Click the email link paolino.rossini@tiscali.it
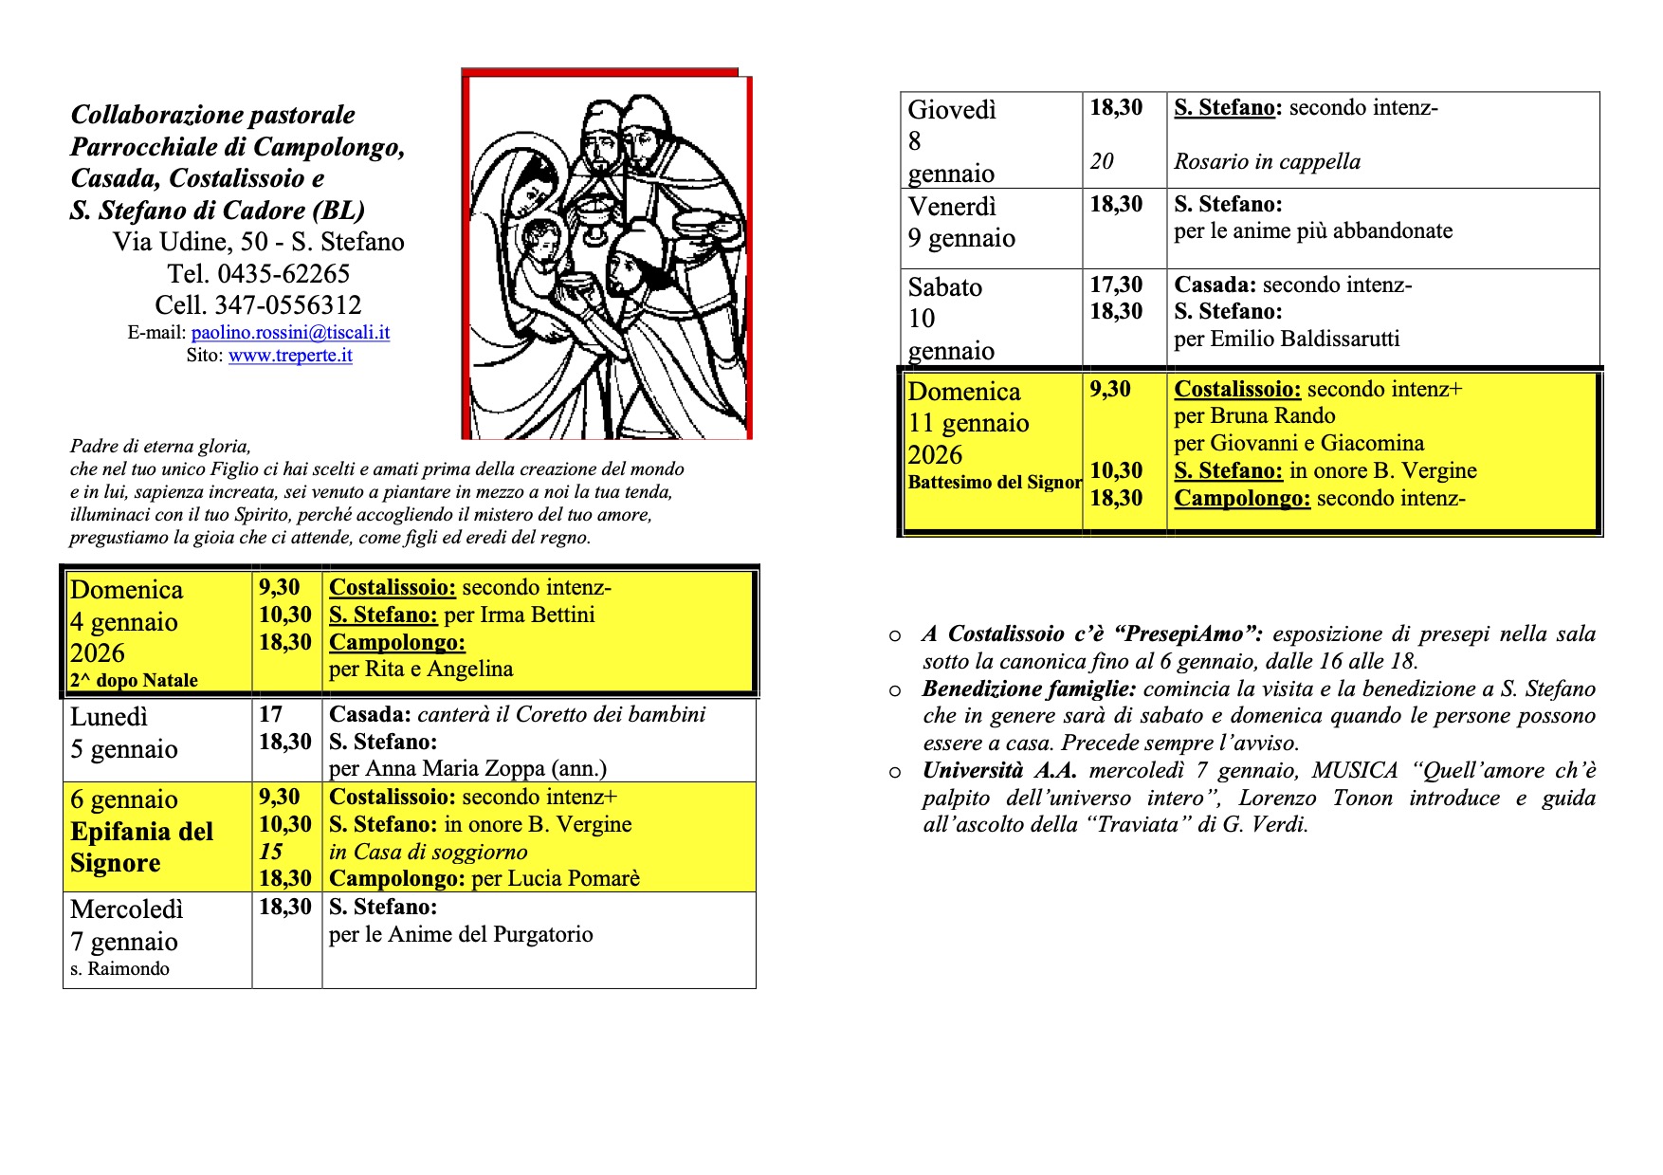[x=290, y=333]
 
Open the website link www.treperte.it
[x=290, y=356]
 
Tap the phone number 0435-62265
[x=283, y=274]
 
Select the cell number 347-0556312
[x=288, y=305]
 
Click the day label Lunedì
[x=109, y=717]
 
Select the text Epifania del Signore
[x=141, y=847]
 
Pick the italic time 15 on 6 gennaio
[x=270, y=852]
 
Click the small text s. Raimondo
[x=119, y=969]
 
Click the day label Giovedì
[x=952, y=110]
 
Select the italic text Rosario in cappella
[x=1267, y=162]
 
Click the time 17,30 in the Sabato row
[x=1116, y=285]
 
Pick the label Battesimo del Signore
[x=995, y=482]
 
